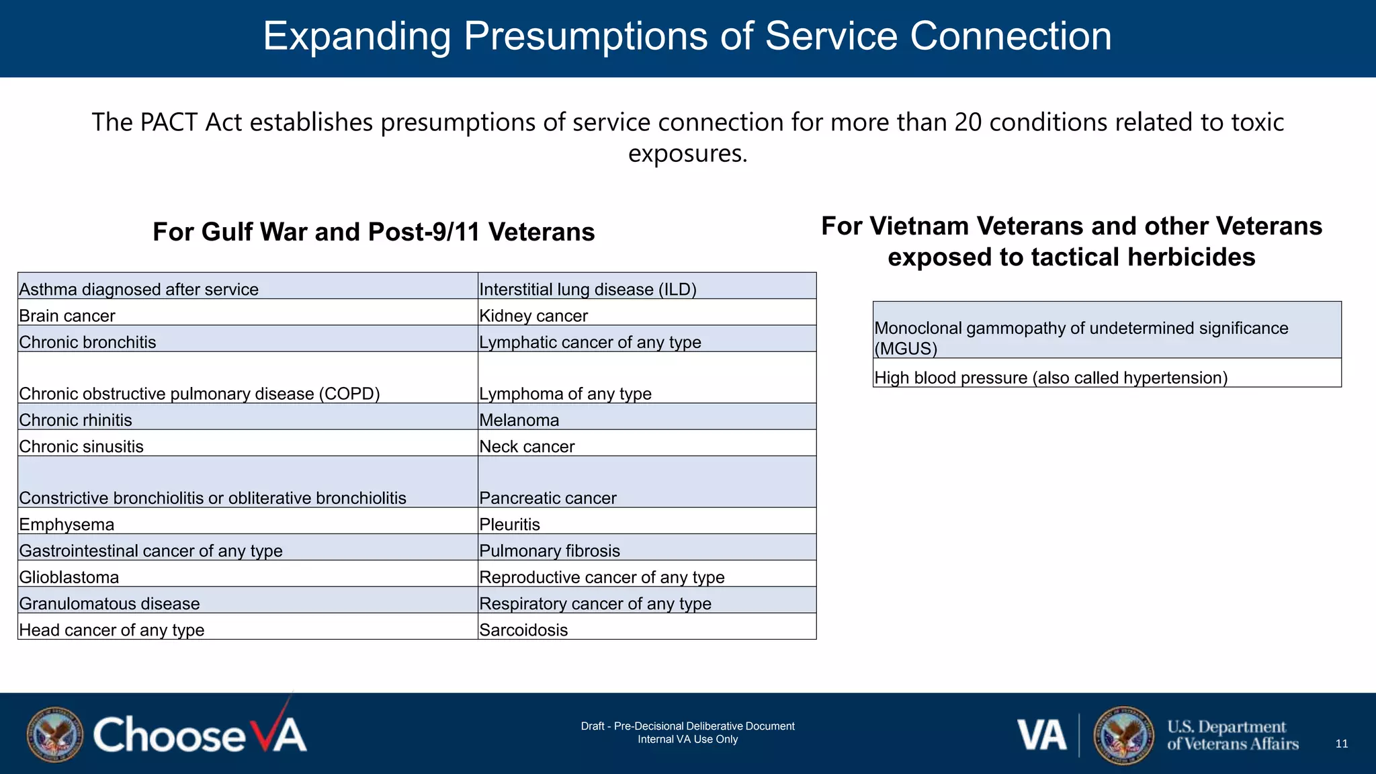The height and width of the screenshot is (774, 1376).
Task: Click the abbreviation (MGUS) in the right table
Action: [x=906, y=349]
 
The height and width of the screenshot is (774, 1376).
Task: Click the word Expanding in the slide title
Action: [x=356, y=36]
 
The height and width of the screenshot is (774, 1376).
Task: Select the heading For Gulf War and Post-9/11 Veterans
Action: [x=374, y=232]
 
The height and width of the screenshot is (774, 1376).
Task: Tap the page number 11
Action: [x=1341, y=744]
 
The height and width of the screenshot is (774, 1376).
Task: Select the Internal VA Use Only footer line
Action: [x=687, y=739]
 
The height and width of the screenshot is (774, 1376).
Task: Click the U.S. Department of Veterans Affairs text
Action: [x=1232, y=735]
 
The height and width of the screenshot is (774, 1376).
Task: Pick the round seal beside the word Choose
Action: [x=55, y=734]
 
